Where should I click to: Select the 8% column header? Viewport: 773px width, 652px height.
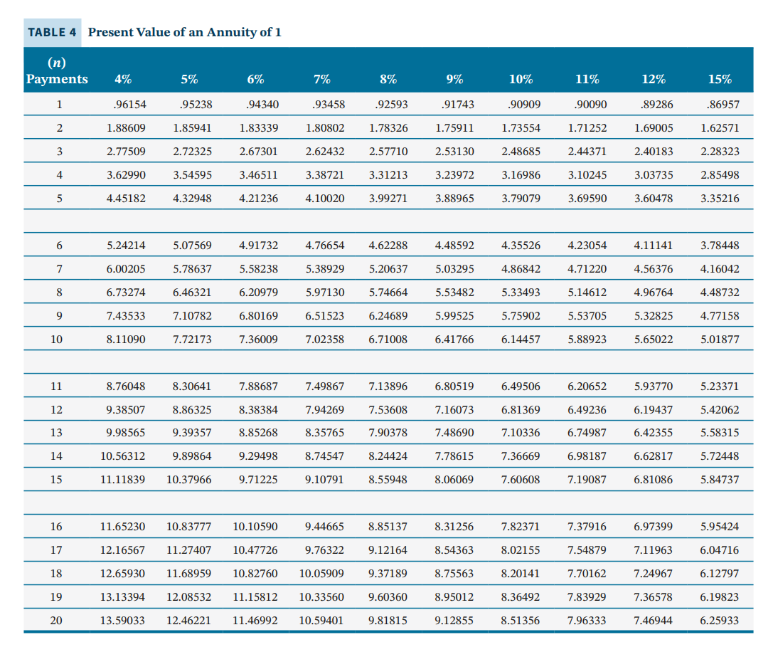[388, 79]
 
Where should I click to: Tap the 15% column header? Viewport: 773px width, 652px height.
[720, 79]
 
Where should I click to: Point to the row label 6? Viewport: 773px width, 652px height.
[58, 246]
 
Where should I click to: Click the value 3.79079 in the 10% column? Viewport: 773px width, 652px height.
[521, 199]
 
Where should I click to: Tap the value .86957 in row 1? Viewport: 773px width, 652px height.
[723, 105]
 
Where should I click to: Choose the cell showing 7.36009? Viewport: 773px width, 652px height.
[258, 340]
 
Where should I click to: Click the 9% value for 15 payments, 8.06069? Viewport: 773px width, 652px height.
[454, 480]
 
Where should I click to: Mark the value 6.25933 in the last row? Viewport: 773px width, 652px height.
[720, 621]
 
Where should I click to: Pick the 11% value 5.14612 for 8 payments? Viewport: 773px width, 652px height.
[587, 293]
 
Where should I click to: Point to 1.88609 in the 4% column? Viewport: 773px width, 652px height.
[126, 129]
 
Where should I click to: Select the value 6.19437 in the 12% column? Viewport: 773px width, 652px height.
[654, 410]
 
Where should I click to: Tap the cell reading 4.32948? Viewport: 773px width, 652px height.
[192, 199]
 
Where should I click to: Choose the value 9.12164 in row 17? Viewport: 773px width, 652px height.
[388, 550]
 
